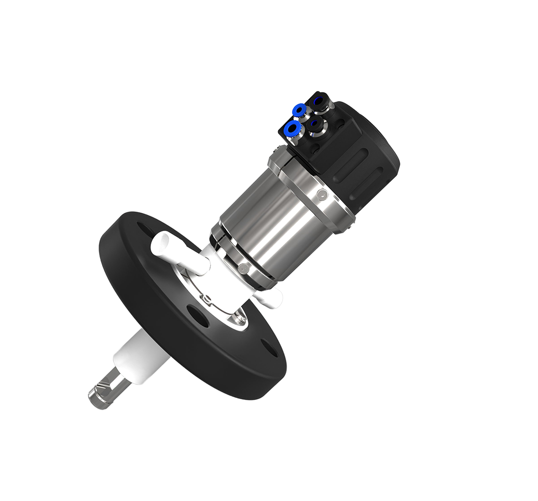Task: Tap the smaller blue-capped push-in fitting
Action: [299, 110]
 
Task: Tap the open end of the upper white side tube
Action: [161, 240]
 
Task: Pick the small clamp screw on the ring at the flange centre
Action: [206, 299]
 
